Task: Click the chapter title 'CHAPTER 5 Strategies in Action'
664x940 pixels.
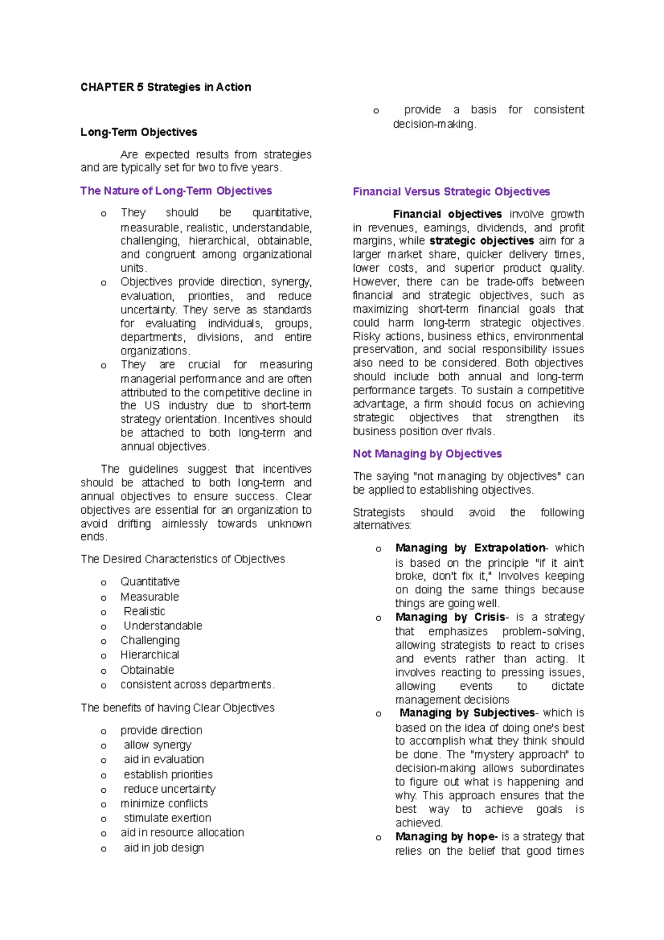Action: pyautogui.click(x=165, y=87)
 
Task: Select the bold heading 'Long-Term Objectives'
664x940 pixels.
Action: pyautogui.click(x=138, y=132)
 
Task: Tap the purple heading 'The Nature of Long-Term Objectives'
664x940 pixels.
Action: pyautogui.click(x=176, y=190)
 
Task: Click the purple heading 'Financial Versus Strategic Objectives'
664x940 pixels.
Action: pyautogui.click(x=451, y=192)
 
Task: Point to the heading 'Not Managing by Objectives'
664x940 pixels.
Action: pyautogui.click(x=427, y=453)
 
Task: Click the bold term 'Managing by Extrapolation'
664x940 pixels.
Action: pyautogui.click(x=470, y=548)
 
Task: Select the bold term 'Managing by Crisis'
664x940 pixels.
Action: pyautogui.click(x=450, y=617)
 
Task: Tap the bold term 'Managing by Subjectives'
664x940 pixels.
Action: pyautogui.click(x=467, y=712)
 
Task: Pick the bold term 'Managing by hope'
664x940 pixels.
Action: pyautogui.click(x=446, y=836)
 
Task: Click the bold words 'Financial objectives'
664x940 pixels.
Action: pyautogui.click(x=447, y=214)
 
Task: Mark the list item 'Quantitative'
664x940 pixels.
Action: pyautogui.click(x=150, y=581)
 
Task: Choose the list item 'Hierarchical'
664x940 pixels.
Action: pyautogui.click(x=150, y=654)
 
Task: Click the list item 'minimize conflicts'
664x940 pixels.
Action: pyautogui.click(x=164, y=803)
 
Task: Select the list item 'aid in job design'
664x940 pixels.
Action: pyautogui.click(x=164, y=848)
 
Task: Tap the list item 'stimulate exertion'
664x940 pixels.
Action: pyautogui.click(x=167, y=818)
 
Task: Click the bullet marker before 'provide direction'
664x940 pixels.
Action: pyautogui.click(x=103, y=731)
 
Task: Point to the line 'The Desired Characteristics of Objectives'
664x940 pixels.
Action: pyautogui.click(x=183, y=559)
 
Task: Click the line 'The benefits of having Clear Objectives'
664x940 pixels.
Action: pyautogui.click(x=177, y=707)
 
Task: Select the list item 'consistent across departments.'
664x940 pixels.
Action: pyautogui.click(x=198, y=684)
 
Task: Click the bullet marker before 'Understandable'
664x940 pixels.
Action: pyautogui.click(x=103, y=627)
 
